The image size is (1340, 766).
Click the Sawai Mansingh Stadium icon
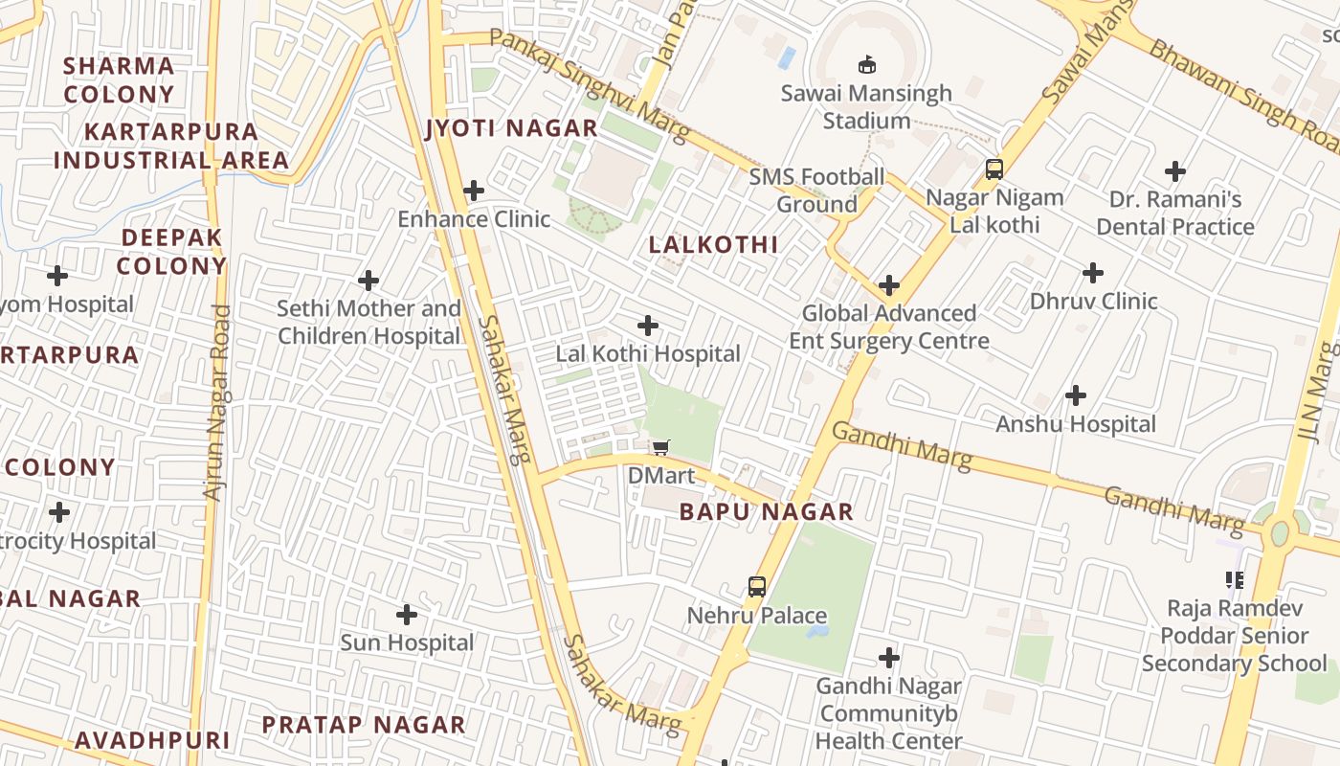pos(866,64)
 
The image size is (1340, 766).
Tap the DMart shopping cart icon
pos(660,447)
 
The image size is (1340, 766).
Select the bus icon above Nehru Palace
pos(757,586)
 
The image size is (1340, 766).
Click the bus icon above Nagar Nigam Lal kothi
pos(994,169)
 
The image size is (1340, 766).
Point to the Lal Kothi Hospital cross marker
pos(648,326)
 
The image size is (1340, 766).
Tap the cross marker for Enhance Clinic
pos(474,191)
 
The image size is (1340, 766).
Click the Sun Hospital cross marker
pos(407,614)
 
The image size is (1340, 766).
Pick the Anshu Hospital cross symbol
pos(1076,394)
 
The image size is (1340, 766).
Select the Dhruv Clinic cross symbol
pos(1093,273)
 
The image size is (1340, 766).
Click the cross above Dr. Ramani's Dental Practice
pos(1175,171)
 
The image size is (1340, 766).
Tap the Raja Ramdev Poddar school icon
pos(1235,579)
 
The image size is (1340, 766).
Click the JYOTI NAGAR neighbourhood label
pos(512,128)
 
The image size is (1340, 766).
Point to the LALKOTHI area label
pos(713,244)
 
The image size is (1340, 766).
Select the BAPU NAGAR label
pos(766,511)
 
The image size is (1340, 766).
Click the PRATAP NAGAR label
pos(364,725)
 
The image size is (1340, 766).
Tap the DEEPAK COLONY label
pos(172,251)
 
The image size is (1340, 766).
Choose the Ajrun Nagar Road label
pos(218,402)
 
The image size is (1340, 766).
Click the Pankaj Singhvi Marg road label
pos(589,84)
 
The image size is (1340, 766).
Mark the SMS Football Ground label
pos(816,190)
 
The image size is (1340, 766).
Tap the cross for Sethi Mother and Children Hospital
pos(368,281)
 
